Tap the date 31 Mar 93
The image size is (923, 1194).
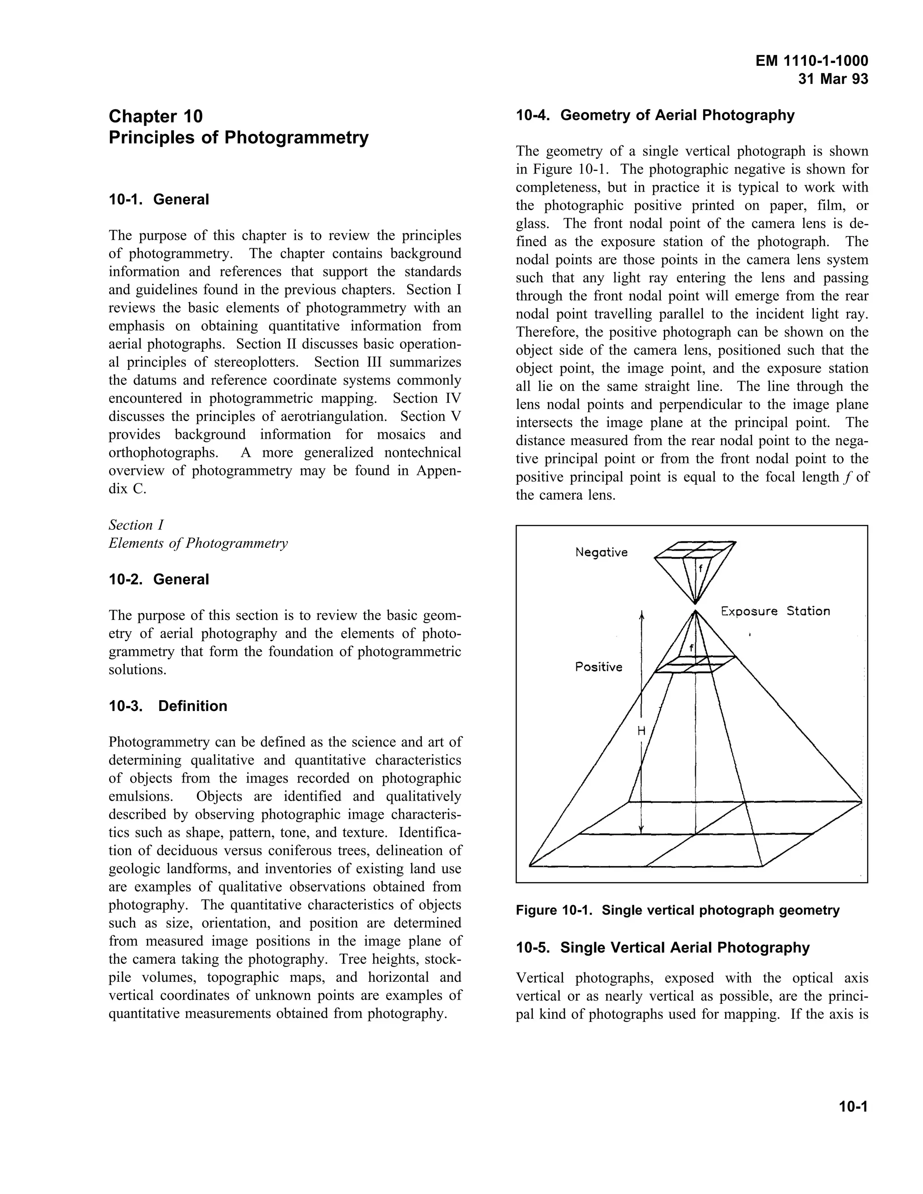click(833, 79)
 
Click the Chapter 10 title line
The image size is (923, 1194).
click(156, 116)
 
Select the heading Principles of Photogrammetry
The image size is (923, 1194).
click(238, 137)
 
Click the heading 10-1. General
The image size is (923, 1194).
click(159, 200)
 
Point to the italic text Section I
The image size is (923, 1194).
click(136, 525)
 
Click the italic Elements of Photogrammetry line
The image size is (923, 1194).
click(198, 543)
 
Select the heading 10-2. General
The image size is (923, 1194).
click(159, 579)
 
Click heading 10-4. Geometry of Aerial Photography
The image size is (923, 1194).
click(655, 115)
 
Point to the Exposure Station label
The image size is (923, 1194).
click(775, 611)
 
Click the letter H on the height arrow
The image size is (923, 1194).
click(641, 730)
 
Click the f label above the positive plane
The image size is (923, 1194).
click(691, 648)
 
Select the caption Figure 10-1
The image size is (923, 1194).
click(677, 910)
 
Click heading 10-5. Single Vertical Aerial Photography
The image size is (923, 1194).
click(663, 948)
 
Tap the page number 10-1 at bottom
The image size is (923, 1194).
click(853, 1107)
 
